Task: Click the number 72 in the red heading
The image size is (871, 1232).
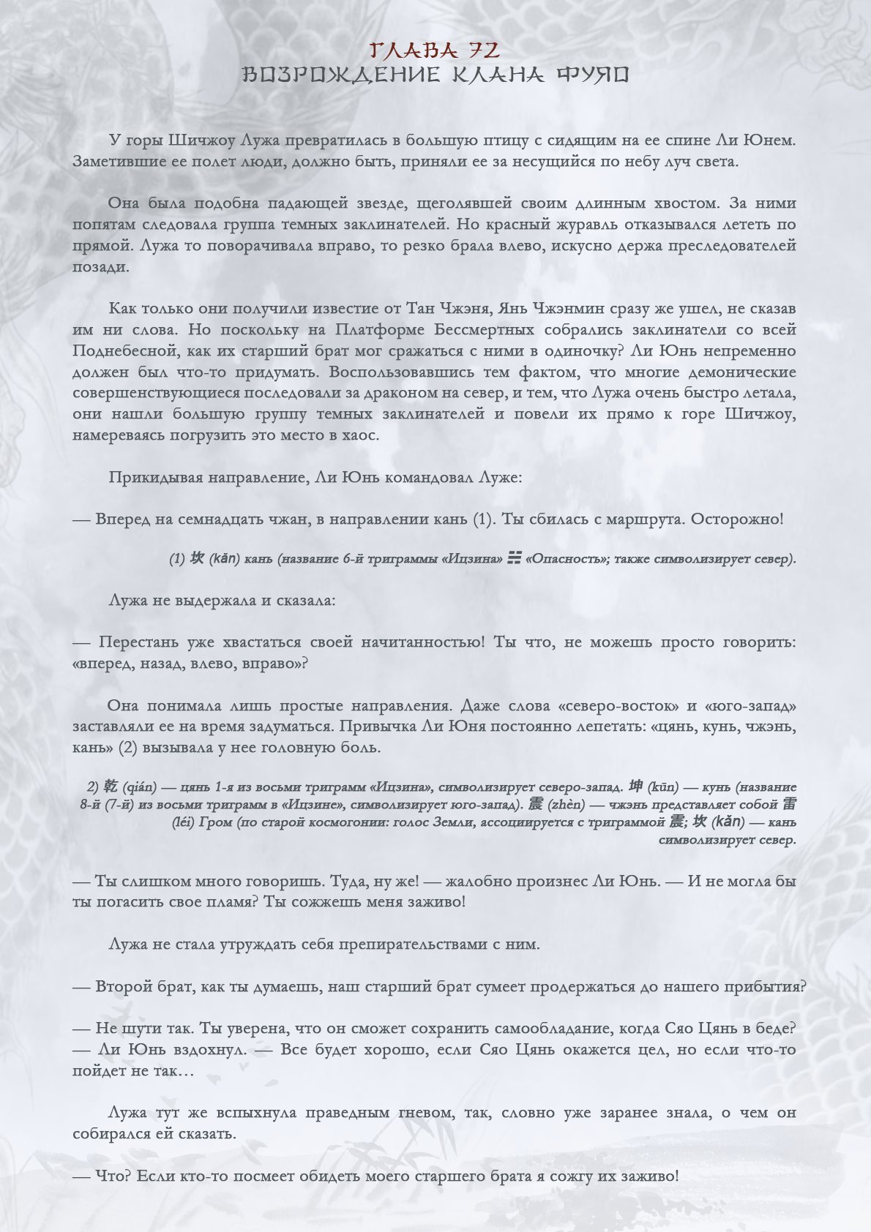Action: pyautogui.click(x=485, y=50)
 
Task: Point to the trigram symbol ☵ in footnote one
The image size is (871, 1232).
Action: pyautogui.click(x=515, y=559)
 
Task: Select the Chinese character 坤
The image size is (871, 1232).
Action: pyautogui.click(x=636, y=786)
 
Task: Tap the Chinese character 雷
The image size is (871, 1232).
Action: pyautogui.click(x=789, y=804)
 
